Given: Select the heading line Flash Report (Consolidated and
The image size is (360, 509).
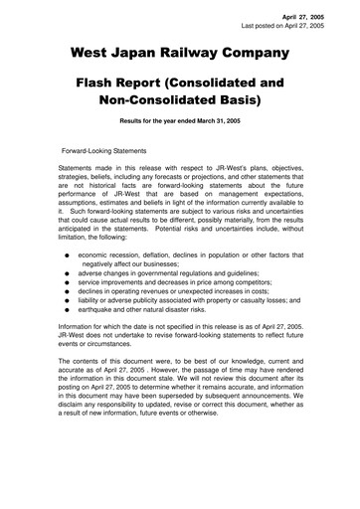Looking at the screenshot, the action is pos(179,84).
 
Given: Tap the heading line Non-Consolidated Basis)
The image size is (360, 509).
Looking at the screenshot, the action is pos(179,103).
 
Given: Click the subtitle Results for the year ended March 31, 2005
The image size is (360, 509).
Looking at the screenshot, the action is pos(179,125).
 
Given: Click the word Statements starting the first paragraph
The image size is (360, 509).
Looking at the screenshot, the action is pos(79,170).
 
